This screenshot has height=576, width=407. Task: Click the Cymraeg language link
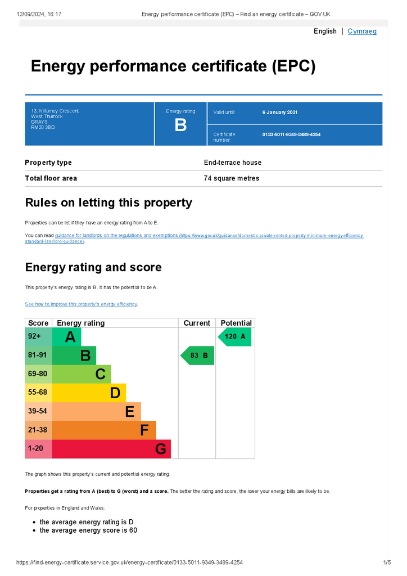pos(362,31)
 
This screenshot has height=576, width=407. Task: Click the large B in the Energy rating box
pos(180,125)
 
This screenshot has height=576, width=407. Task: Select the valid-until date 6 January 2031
pos(279,112)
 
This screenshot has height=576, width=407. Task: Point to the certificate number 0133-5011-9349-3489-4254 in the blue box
pos(291,134)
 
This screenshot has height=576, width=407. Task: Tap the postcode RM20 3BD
pos(43,128)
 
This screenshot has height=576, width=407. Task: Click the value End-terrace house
pos(233,163)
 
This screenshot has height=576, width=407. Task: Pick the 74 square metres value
pos(231,178)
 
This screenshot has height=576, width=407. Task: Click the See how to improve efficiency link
pos(81,304)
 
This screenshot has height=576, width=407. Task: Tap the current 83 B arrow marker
pos(197,355)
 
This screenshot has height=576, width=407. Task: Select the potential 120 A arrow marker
pos(235,336)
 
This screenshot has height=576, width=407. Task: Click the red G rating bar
pos(111,449)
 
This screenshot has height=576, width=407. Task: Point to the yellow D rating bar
pos(89,393)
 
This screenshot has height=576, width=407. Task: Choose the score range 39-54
pos(38,411)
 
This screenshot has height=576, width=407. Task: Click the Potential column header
pos(236,323)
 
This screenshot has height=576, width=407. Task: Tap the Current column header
pos(197,323)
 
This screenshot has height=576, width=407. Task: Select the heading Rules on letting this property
pos(108,202)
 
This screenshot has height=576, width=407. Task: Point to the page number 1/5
pos(387,562)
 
